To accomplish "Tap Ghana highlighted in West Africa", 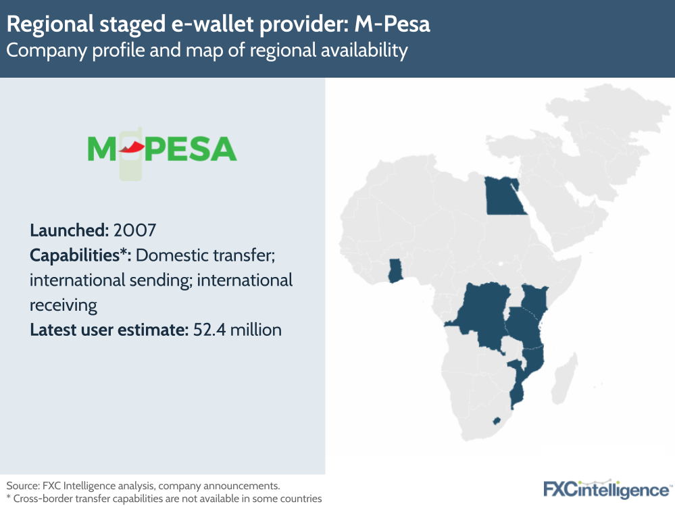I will point(395,272).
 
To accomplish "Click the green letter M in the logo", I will point(101,149).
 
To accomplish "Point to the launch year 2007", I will point(135,230).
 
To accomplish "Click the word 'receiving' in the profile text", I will point(64,305).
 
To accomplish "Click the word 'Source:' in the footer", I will point(24,486).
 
